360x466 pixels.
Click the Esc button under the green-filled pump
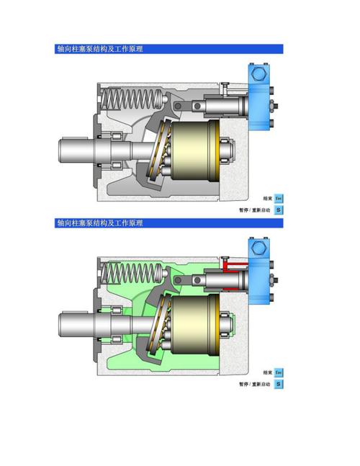click(x=279, y=372)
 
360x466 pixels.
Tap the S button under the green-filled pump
click(x=279, y=384)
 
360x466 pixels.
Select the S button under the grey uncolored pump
click(x=279, y=210)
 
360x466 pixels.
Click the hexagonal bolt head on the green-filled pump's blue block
click(x=258, y=247)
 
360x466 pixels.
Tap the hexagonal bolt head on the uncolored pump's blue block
click(x=258, y=73)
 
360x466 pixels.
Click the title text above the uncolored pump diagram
click(x=100, y=49)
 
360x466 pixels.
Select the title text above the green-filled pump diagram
click(x=100, y=223)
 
